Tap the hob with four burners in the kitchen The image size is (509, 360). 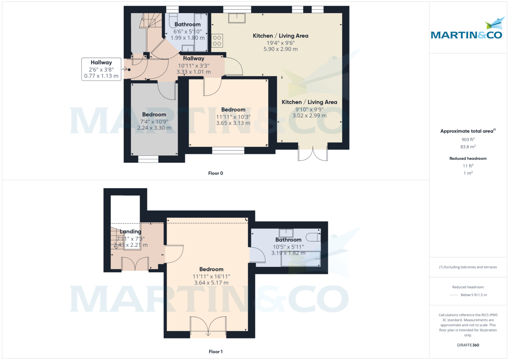point(217,40)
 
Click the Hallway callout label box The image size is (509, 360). point(101,70)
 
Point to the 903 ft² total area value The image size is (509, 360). point(468,140)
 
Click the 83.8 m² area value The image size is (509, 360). point(468,147)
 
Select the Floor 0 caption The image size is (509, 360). point(215,173)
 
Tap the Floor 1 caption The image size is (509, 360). point(215,352)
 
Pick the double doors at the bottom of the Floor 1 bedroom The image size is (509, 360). point(208,327)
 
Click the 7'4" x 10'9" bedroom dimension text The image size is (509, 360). point(154,121)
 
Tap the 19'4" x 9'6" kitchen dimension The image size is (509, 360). point(280,42)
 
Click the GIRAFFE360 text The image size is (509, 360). point(468,345)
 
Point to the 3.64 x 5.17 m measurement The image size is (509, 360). point(211,283)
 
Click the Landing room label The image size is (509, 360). point(130,232)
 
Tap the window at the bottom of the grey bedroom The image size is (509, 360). point(148,159)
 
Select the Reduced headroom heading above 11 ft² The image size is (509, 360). point(468,159)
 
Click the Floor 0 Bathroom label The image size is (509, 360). point(187,25)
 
